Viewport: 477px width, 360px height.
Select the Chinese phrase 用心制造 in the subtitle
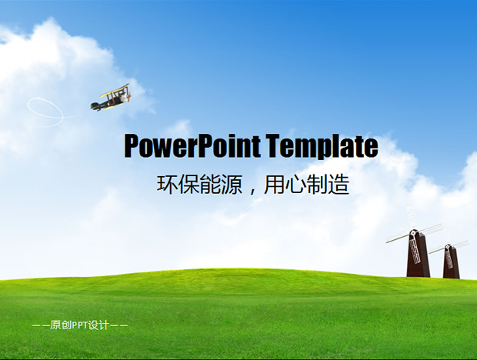(x=305, y=185)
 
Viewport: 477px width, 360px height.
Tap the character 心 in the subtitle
(x=294, y=185)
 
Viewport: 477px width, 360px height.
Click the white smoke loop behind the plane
(x=45, y=111)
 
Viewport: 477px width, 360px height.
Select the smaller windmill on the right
(x=450, y=260)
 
